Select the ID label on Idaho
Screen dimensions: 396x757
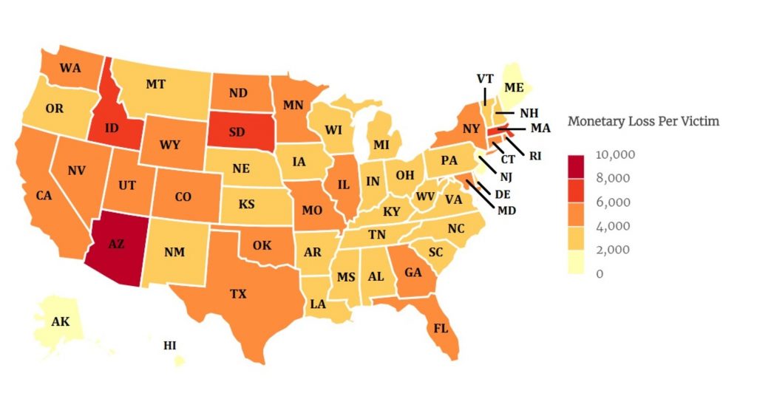pos(112,129)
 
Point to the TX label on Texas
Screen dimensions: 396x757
pos(237,294)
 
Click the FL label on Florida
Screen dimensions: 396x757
pos(441,328)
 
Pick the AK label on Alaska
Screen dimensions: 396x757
pos(61,321)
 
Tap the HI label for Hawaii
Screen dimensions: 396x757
pos(170,345)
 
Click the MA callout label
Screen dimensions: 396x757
pos(540,128)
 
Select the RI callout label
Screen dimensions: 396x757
pos(535,156)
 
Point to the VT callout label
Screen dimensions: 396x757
pos(485,78)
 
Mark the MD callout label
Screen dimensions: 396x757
pos(507,211)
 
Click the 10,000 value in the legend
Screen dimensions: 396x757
pos(614,154)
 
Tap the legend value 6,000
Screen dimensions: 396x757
pos(613,202)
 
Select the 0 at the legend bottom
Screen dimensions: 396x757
pos(600,273)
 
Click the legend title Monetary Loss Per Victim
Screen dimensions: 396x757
pos(642,121)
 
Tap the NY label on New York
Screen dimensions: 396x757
pos(472,129)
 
